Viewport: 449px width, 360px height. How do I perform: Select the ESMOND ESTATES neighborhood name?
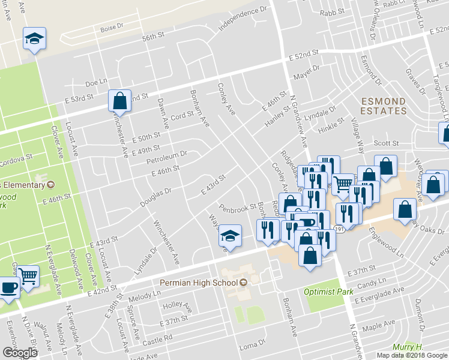pyautogui.click(x=383, y=106)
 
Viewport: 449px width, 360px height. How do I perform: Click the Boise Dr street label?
pyautogui.click(x=112, y=27)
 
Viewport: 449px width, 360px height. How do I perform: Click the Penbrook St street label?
pyautogui.click(x=238, y=208)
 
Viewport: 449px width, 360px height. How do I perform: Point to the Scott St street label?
pyautogui.click(x=386, y=143)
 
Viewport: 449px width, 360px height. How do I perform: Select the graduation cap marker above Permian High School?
pyautogui.click(x=229, y=236)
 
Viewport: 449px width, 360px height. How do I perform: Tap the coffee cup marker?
pyautogui.click(x=8, y=287)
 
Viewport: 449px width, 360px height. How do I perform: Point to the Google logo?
pyautogui.click(x=20, y=352)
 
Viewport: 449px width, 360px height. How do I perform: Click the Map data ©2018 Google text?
pyautogui.click(x=412, y=355)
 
